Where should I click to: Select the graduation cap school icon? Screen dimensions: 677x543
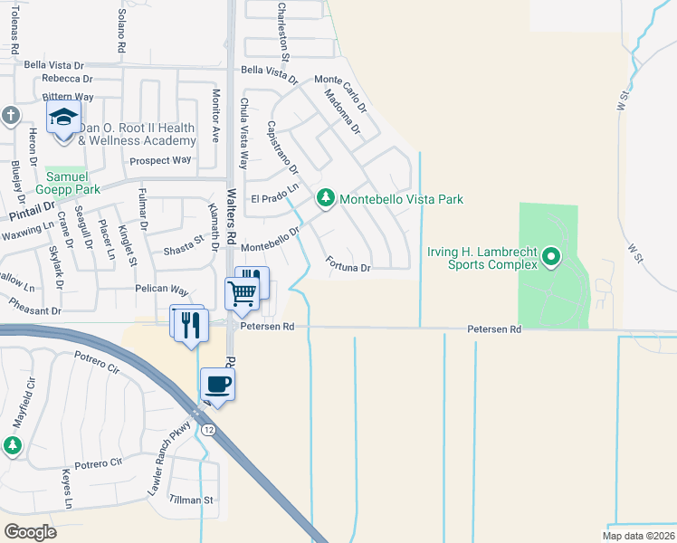pos(63,118)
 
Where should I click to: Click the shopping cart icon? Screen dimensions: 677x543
pos(242,291)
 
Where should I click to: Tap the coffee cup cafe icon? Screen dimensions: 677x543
pos(216,384)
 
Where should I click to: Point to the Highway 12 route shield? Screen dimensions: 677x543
pos(209,429)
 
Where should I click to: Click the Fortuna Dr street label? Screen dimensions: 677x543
pos(348,268)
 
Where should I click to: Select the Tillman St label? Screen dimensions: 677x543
pos(192,500)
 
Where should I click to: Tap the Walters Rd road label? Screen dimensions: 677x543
pos(232,210)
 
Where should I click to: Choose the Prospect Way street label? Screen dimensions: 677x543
pos(161,160)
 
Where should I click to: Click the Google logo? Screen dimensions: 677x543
pos(30,532)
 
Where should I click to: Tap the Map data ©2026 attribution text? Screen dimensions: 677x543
pos(638,536)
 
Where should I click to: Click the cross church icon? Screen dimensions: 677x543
pos(10,115)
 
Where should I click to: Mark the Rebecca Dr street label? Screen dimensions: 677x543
pos(56,80)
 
